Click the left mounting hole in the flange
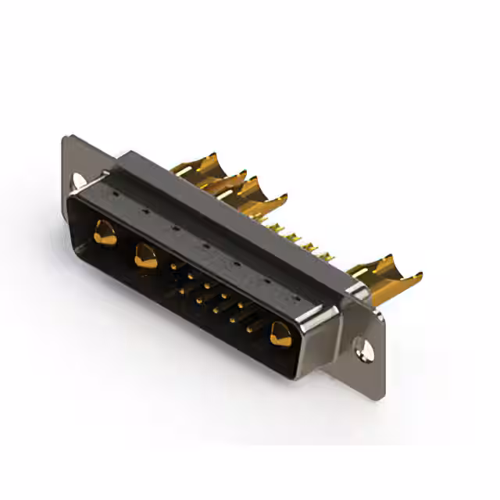pos(78,180)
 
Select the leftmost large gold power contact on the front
pos(105,232)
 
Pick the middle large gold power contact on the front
pos(145,255)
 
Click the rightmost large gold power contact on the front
pos(280,334)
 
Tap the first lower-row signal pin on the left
pos(182,291)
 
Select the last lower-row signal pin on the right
pos(250,329)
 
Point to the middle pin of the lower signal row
pos(216,309)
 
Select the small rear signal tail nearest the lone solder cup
pos(328,254)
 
